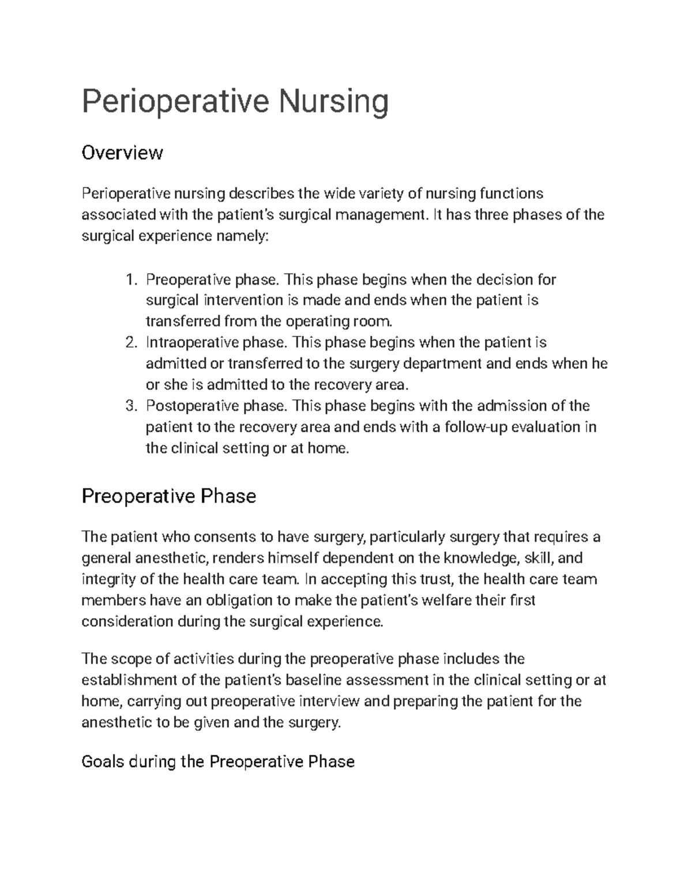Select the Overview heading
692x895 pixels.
coord(122,153)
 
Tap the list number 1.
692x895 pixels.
coord(131,280)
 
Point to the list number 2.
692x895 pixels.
coord(131,343)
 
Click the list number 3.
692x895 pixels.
coord(131,406)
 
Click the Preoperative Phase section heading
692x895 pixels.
coord(169,496)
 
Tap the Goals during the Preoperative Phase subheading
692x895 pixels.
coord(218,762)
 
